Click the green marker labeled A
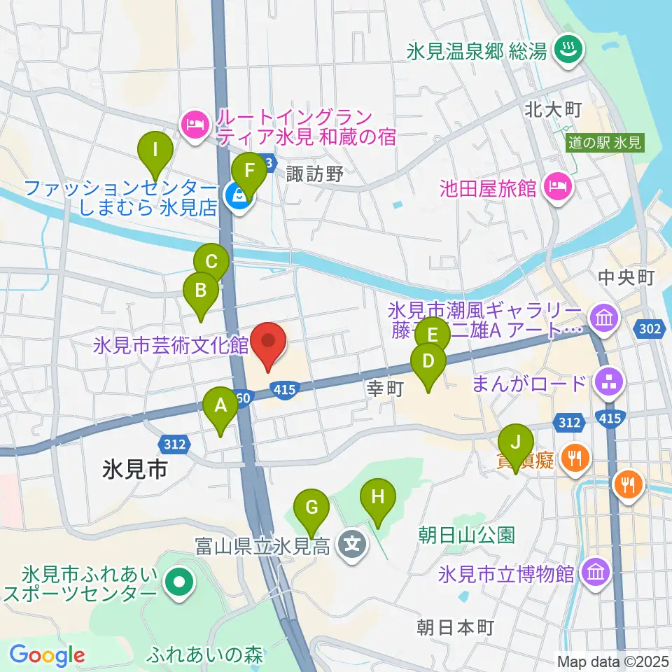[220, 405]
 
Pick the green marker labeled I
[155, 150]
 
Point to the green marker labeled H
[378, 498]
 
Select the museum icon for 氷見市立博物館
[596, 573]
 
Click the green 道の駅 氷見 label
[605, 143]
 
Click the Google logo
[47, 655]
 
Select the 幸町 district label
[383, 389]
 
